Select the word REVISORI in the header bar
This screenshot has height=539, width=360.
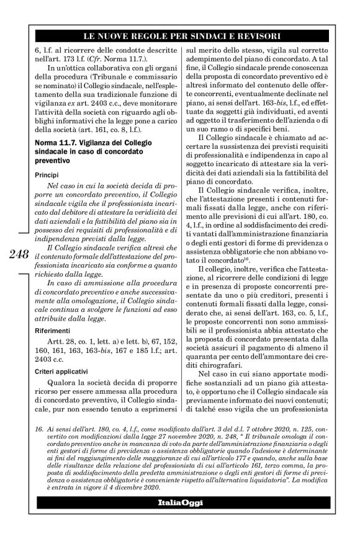coord(254,34)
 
